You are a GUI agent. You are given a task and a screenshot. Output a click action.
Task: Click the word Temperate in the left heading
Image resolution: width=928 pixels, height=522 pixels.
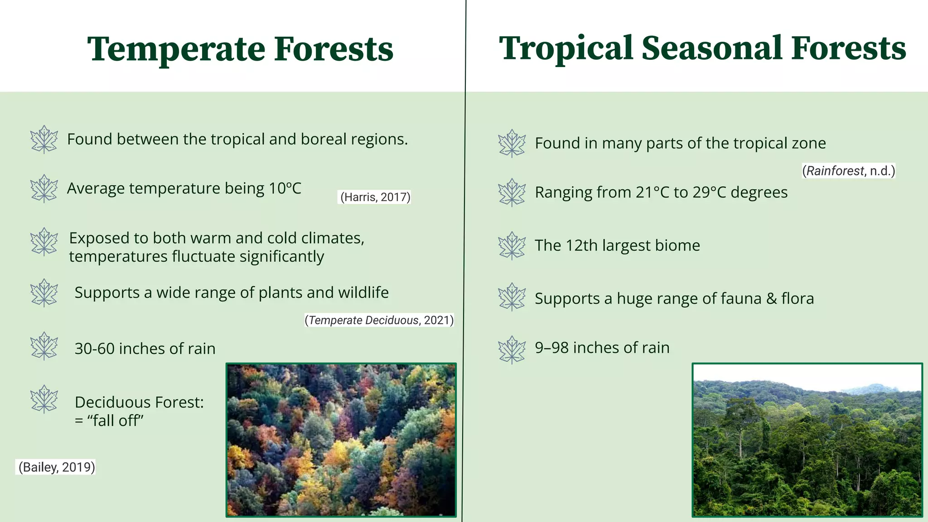[177, 49]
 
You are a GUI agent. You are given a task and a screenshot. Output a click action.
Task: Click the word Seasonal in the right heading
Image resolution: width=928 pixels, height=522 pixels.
[712, 48]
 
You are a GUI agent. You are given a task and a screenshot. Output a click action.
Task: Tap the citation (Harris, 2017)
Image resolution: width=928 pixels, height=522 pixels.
[375, 197]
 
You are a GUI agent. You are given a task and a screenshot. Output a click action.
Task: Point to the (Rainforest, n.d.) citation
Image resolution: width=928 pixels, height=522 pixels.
[848, 171]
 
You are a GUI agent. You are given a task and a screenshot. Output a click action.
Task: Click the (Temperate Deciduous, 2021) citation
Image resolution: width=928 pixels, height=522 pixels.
[379, 320]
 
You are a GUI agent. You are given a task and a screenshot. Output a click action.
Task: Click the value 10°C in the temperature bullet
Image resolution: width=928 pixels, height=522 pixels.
[285, 188]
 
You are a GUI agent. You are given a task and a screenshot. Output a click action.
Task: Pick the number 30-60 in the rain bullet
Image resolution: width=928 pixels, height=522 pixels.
[94, 349]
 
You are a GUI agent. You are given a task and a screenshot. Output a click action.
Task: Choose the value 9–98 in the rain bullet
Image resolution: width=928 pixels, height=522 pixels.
[551, 348]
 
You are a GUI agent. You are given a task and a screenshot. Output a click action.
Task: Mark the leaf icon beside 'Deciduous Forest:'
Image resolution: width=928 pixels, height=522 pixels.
[44, 399]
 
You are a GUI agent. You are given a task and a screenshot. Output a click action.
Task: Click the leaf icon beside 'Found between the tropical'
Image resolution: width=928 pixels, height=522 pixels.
[44, 140]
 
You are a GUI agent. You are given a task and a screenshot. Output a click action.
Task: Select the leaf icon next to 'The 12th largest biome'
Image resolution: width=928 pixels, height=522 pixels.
[512, 246]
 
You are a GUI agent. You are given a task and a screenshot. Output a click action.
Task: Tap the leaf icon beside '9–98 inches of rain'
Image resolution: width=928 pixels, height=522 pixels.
[512, 349]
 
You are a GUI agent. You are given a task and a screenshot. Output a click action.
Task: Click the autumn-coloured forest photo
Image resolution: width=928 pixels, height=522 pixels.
[341, 440]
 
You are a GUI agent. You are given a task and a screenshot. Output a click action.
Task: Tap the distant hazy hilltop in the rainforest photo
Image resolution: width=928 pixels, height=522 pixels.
[870, 388]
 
